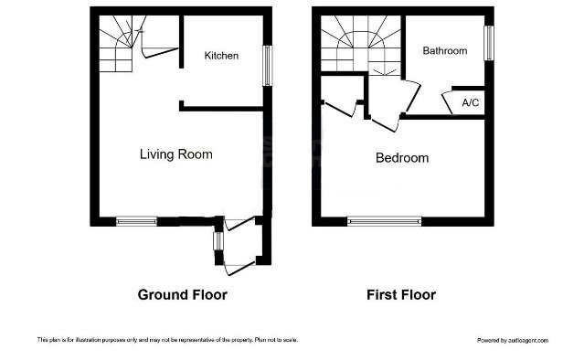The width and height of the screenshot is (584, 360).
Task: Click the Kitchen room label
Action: (221, 56)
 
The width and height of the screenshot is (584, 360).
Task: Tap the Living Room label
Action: (175, 154)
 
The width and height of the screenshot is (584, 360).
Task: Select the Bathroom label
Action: (444, 51)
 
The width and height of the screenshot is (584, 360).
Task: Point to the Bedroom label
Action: (402, 158)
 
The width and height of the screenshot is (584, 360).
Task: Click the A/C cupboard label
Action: (471, 102)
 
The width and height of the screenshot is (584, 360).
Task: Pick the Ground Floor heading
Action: (182, 295)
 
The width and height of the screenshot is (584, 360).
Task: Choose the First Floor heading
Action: (401, 295)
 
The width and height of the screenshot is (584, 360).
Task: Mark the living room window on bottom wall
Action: (136, 220)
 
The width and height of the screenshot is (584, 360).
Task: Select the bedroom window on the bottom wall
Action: (385, 220)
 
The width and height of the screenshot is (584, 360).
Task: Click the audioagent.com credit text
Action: (513, 340)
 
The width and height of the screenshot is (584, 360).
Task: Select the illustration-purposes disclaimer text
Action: (166, 340)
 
